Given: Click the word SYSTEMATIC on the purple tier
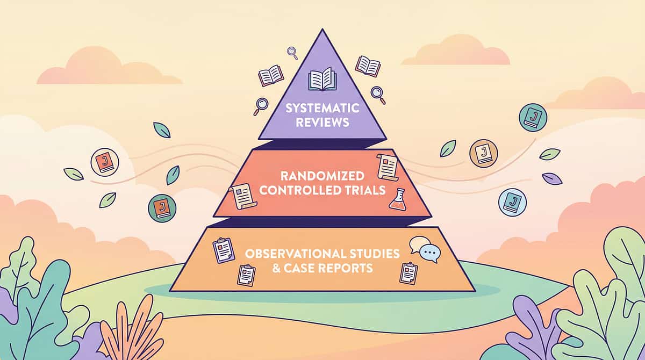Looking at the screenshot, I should [x=321, y=108].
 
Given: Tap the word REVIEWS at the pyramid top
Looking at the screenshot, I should [x=322, y=122].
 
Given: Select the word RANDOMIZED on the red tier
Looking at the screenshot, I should [x=322, y=176].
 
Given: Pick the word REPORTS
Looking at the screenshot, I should [x=346, y=267].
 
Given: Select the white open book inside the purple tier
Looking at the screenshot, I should [x=322, y=81].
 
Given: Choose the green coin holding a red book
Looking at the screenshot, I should [x=161, y=207].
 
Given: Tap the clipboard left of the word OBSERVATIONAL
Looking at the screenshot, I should [x=224, y=250].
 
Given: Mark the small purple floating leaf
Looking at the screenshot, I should [x=552, y=178].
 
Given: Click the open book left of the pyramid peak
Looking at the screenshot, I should [x=270, y=76].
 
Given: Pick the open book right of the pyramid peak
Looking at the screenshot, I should [x=368, y=66].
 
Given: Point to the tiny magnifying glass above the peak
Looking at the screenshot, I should [x=292, y=53].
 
